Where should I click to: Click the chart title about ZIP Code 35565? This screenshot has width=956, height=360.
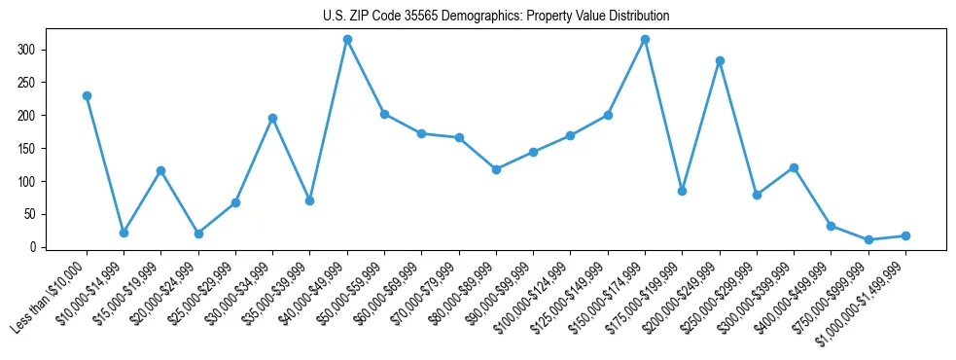tap(496, 17)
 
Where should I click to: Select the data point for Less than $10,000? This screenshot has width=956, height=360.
tap(87, 95)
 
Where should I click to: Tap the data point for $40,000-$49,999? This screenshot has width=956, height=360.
tap(347, 39)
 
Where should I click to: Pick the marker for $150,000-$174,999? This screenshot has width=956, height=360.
tap(645, 39)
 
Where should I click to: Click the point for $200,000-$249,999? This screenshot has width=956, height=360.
tap(720, 60)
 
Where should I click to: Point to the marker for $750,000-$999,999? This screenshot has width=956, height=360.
tap(868, 239)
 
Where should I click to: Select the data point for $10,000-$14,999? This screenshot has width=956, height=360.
tap(124, 233)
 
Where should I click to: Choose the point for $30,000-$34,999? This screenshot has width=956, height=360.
tap(272, 118)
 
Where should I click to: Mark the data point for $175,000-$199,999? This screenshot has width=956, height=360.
tap(682, 191)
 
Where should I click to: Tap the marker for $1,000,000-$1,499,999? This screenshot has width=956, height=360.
tap(905, 235)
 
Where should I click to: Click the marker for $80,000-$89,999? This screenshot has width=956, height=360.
tap(496, 169)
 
